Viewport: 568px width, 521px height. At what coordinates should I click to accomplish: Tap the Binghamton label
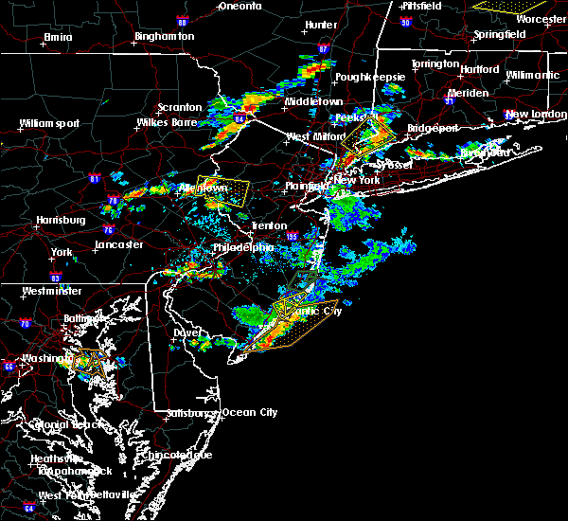(164, 37)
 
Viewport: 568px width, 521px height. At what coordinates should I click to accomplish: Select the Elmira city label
(58, 38)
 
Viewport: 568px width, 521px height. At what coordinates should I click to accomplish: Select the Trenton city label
(269, 225)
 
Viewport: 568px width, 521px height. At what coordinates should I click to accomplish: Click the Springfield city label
(501, 35)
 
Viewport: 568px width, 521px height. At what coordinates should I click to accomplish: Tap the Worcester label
(541, 17)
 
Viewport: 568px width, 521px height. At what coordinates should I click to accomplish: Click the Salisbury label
(187, 413)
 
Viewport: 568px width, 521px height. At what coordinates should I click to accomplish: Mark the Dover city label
(187, 333)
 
